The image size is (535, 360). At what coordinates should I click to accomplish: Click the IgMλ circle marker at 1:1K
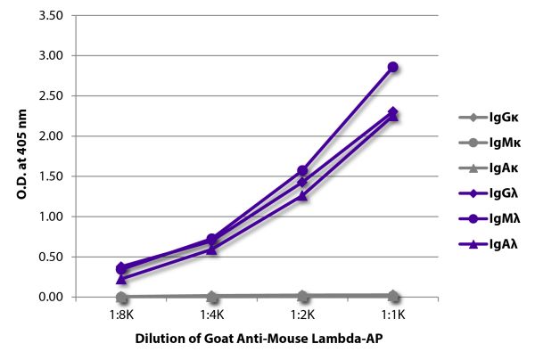[392, 67]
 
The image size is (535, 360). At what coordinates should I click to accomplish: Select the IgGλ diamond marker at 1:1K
[392, 112]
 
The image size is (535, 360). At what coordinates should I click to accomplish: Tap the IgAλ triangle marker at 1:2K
[302, 196]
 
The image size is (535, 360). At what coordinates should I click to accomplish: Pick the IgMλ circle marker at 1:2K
[302, 170]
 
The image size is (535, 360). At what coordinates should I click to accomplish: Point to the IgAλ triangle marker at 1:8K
[121, 279]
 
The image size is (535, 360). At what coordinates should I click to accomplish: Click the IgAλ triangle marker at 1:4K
[212, 250]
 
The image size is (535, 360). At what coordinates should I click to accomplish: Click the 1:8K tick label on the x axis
[121, 314]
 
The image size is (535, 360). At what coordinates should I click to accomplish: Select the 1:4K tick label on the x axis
[212, 314]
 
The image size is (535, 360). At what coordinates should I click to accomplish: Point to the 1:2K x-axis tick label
[302, 314]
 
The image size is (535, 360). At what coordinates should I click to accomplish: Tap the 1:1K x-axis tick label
[392, 314]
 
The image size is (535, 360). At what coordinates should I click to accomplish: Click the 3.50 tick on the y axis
[51, 16]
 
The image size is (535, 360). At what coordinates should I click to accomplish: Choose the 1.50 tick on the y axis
[51, 176]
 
